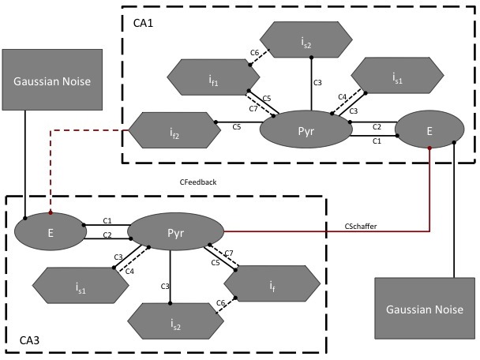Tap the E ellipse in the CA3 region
click(x=49, y=234)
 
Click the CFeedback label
click(x=197, y=182)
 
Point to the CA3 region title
click(x=31, y=341)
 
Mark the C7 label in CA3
click(x=229, y=253)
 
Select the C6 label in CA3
click(x=221, y=302)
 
